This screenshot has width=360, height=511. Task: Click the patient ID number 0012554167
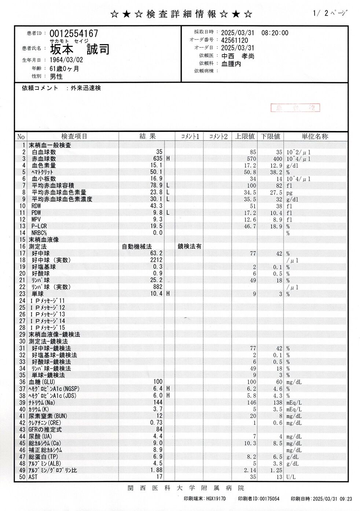[74, 34]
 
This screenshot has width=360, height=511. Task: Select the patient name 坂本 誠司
[80, 49]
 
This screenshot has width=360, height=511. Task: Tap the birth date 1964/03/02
[66, 60]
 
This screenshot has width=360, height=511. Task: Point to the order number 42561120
[234, 40]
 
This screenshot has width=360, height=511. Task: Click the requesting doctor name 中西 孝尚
[238, 56]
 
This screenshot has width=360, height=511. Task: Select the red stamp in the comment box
[295, 107]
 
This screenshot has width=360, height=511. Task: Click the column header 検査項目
[74, 136]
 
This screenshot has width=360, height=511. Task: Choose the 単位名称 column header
[315, 136]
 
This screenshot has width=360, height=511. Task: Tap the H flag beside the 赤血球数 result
[168, 159]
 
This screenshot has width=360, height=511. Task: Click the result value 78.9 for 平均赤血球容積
[156, 186]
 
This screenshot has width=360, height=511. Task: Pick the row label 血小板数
[44, 179]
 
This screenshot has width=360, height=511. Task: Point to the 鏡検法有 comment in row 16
[190, 247]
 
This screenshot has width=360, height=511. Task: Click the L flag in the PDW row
[168, 213]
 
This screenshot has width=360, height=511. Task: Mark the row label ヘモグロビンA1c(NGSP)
[54, 389]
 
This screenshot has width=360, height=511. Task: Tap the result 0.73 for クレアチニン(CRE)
[157, 423]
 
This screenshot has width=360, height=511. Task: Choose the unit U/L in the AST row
[291, 477]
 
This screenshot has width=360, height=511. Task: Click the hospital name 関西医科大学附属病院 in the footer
[186, 488]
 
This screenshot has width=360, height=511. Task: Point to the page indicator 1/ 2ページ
[330, 14]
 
